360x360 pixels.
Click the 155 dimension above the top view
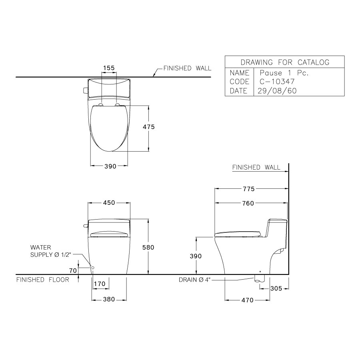[x=109, y=68]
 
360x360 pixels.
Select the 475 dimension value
[x=148, y=126]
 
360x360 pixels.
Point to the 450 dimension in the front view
[x=109, y=203]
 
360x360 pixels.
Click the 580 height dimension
[x=148, y=248]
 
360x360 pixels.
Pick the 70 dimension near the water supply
[x=72, y=271]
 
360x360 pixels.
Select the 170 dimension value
[x=99, y=284]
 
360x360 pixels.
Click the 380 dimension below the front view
[x=109, y=299]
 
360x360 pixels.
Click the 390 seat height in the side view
[x=196, y=256]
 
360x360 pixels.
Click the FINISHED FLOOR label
[x=42, y=280]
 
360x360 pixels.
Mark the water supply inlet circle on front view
[x=92, y=267]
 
